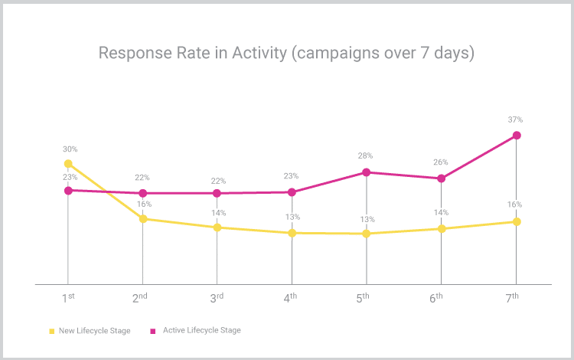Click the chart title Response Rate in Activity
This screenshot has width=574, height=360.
point(287,53)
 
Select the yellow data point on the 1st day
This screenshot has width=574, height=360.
point(68,163)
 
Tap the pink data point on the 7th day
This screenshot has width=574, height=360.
point(517,135)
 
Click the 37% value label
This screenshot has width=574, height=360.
point(515,119)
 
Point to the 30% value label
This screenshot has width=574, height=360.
point(70,149)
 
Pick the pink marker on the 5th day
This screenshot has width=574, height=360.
point(367,172)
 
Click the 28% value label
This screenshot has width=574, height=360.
point(367,156)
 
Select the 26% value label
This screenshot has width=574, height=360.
point(441,162)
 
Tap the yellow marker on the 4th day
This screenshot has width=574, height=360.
point(292,232)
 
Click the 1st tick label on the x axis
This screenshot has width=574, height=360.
point(68,297)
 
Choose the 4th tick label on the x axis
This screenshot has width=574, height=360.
point(291,297)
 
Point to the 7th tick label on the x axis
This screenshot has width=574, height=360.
point(513,297)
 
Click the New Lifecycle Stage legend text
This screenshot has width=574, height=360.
point(95,331)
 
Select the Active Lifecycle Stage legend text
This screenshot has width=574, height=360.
point(202,330)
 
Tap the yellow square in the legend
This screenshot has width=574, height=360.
point(52,331)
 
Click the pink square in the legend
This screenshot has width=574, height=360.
point(153,331)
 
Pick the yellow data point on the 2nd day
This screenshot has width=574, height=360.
point(143,219)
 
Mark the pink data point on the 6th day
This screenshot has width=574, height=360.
point(441,178)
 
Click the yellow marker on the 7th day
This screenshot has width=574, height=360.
point(517,221)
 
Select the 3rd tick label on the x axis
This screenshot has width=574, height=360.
point(217,297)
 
